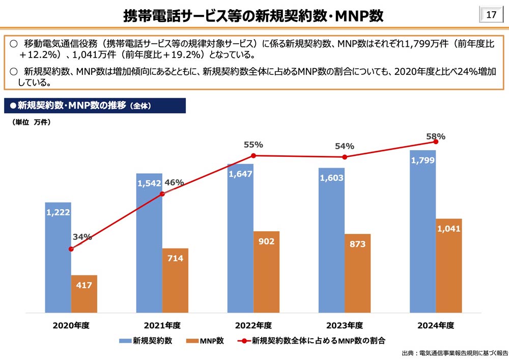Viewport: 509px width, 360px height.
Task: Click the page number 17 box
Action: [491, 15]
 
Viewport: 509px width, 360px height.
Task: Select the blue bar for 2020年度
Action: [58, 260]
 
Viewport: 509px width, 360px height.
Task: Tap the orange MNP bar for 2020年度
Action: [84, 294]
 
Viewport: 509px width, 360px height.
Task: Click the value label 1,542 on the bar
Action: [149, 183]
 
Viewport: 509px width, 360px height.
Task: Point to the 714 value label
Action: [175, 259]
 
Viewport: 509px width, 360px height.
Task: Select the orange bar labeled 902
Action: [266, 272]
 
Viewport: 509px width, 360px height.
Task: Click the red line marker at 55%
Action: [253, 155]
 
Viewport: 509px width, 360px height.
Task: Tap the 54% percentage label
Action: [344, 147]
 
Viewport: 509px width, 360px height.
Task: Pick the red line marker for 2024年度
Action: [436, 142]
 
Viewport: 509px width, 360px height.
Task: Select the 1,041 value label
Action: [448, 229]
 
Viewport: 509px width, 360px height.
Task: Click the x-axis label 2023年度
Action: [345, 325]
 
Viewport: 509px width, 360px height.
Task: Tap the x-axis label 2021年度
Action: [162, 325]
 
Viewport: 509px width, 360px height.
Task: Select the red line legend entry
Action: [310, 341]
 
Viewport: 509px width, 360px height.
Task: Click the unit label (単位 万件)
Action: [31, 122]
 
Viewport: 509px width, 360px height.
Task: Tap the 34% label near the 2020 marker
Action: [82, 237]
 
